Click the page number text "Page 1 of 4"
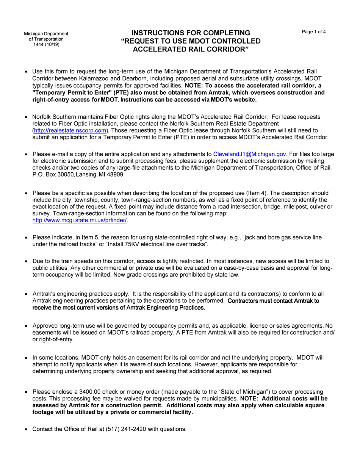313,32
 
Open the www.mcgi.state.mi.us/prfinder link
80,220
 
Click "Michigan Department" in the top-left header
46,34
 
